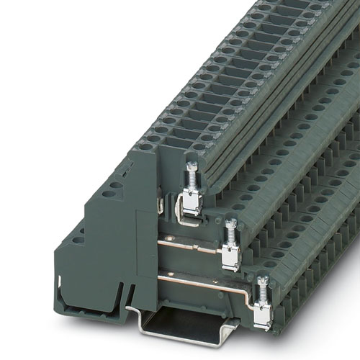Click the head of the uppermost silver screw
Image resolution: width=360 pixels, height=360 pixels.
[x=192, y=167]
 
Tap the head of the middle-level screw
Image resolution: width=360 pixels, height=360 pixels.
[x=230, y=224]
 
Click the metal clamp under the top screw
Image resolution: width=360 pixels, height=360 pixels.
[x=191, y=202]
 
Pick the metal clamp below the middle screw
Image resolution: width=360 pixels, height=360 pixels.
[x=230, y=256]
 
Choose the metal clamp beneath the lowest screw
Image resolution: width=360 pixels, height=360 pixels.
[x=262, y=313]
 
